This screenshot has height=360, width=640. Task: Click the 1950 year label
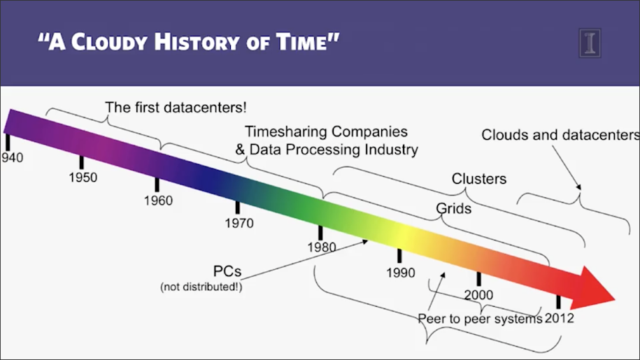[x=83, y=178]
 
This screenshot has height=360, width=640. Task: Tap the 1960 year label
[x=158, y=201]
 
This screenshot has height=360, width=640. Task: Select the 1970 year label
[x=239, y=223]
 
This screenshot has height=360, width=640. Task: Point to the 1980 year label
[x=322, y=247]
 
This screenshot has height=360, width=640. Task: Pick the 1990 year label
[x=401, y=273]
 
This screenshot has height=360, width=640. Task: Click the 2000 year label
[x=478, y=295]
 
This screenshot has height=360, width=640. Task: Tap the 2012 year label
[x=559, y=318]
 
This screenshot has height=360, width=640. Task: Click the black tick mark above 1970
[x=238, y=208]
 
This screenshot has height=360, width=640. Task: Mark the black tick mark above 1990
[x=399, y=256]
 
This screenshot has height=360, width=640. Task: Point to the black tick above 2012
[x=558, y=302]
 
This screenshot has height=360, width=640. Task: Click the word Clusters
[x=479, y=178]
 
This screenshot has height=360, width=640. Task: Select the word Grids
[x=453, y=208]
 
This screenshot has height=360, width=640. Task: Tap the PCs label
[x=227, y=271]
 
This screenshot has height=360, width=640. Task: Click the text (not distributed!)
[x=201, y=287]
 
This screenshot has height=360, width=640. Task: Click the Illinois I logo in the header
[x=590, y=43]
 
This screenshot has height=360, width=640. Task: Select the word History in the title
[x=197, y=42]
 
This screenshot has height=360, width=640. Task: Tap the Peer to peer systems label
[x=481, y=319]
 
